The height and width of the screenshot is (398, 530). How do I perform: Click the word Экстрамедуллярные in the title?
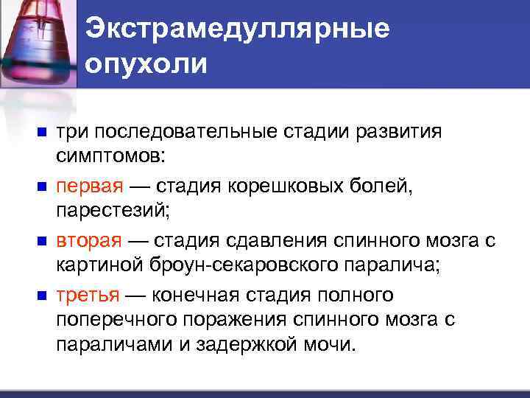pyautogui.click(x=237, y=29)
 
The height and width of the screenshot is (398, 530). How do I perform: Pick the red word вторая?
pyautogui.click(x=85, y=242)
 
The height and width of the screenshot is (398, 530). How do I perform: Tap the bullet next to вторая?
pyautogui.click(x=42, y=242)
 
